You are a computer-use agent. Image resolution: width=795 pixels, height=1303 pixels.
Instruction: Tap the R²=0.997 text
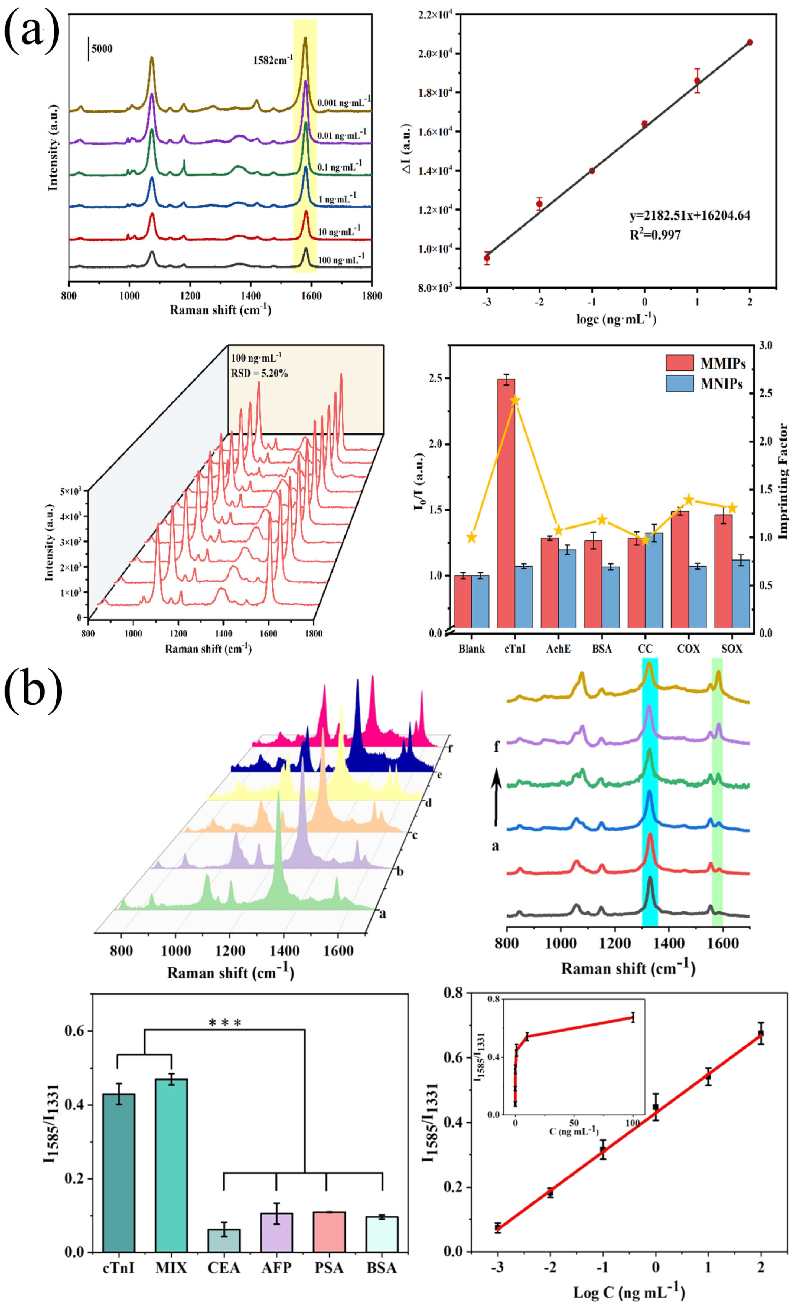[655, 235]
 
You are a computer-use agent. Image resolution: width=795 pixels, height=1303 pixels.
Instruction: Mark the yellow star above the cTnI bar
[515, 400]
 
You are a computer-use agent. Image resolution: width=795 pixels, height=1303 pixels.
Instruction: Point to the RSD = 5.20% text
[259, 373]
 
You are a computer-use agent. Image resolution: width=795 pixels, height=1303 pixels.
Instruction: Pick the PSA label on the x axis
[329, 1268]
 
